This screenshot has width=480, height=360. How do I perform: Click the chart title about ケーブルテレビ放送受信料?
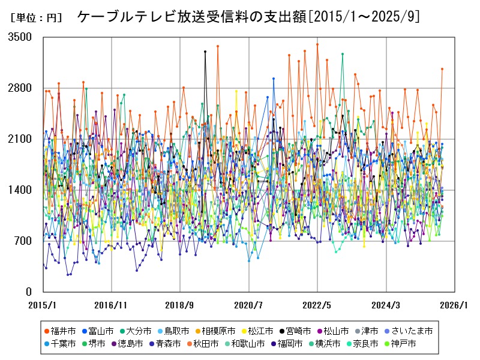[x=248, y=17]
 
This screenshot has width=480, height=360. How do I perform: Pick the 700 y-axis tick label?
[x=23, y=241]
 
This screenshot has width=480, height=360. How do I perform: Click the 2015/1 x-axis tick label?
[x=43, y=305]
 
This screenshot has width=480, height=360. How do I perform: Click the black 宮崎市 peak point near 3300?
[x=205, y=52]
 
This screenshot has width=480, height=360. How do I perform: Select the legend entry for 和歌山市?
[x=247, y=344]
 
